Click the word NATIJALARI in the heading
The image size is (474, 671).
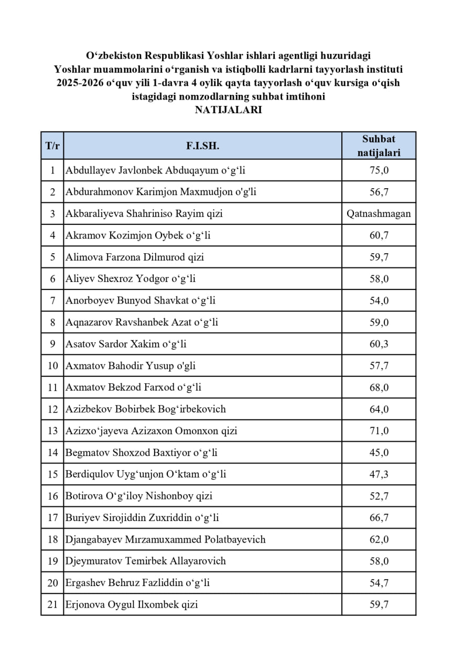tap(228, 110)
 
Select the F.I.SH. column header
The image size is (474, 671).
tap(202, 146)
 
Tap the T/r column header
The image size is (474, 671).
tap(52, 146)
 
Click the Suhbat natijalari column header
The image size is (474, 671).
tap(379, 146)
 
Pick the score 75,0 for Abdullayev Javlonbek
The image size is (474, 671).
tap(379, 170)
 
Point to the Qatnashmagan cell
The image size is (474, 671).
tap(379, 214)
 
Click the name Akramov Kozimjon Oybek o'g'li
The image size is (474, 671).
tap(138, 235)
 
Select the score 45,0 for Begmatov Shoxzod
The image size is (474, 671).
tap(379, 452)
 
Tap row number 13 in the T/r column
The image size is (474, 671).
tap(52, 431)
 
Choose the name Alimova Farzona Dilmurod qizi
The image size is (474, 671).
tap(135, 257)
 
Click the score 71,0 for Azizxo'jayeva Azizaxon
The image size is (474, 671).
tap(379, 431)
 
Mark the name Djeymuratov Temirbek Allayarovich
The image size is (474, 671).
tap(146, 561)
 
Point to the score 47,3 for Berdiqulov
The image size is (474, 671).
tap(379, 474)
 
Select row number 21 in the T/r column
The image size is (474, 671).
tap(52, 604)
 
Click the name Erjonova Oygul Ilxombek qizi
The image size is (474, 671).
tap(132, 604)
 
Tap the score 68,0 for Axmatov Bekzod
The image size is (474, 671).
tap(379, 387)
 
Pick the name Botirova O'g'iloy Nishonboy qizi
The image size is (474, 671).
tap(139, 496)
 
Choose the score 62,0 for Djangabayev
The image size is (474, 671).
tap(379, 539)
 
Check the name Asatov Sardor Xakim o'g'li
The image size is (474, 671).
tap(126, 344)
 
